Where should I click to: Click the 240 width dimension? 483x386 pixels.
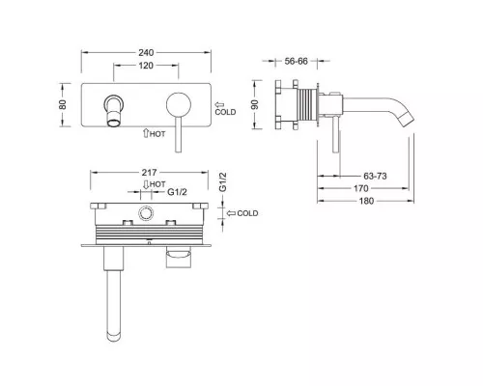pyautogui.click(x=146, y=52)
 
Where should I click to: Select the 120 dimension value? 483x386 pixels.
pyautogui.click(x=146, y=66)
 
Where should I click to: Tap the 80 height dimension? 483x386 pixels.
pyautogui.click(x=63, y=104)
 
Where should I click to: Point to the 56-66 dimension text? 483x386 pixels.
pyautogui.click(x=296, y=61)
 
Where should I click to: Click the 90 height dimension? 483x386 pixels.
pyautogui.click(x=255, y=104)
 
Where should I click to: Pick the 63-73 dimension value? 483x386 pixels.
pyautogui.click(x=375, y=176)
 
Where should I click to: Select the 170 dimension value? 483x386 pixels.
pyautogui.click(x=361, y=188)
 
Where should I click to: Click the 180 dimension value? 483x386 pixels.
pyautogui.click(x=366, y=201)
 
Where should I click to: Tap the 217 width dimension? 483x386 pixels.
pyautogui.click(x=149, y=173)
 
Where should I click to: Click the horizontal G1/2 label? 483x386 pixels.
pyautogui.click(x=177, y=192)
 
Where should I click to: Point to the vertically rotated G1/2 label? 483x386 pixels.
pyautogui.click(x=223, y=182)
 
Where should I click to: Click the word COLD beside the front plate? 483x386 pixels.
pyautogui.click(x=225, y=112)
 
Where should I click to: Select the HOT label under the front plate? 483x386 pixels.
pyautogui.click(x=157, y=134)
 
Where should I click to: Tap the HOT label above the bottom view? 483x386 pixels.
pyautogui.click(x=157, y=184)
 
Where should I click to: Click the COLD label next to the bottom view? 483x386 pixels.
pyautogui.click(x=247, y=213)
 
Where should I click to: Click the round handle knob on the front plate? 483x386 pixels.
pyautogui.click(x=179, y=105)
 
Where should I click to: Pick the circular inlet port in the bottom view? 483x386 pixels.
pyautogui.click(x=146, y=213)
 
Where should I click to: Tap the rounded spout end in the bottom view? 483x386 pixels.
pyautogui.click(x=114, y=335)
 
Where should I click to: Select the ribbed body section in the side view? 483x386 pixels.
pyautogui.click(x=306, y=104)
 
